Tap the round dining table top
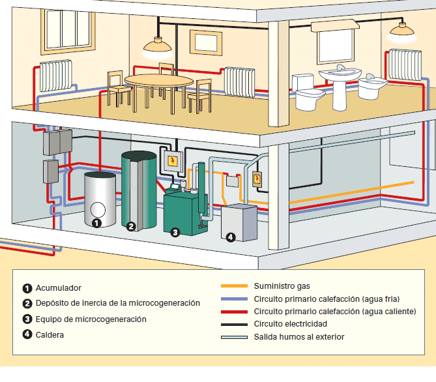point(159,80)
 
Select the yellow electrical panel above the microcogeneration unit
point(172,161)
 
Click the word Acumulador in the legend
point(59,287)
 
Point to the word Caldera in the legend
point(51,334)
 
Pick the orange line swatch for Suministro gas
point(234,286)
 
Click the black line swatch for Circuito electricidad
point(234,324)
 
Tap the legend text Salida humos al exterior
point(299,337)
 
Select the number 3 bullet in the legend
point(27,319)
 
